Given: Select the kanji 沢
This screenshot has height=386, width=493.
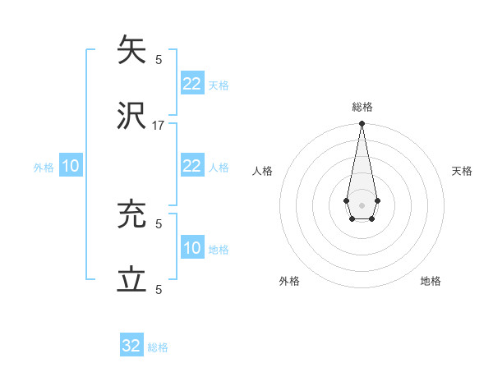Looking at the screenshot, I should [x=132, y=117].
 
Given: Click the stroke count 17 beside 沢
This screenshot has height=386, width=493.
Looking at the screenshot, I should [x=159, y=126].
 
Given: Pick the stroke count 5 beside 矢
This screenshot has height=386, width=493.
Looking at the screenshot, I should [x=159, y=60].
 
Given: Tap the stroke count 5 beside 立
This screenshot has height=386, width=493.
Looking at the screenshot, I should [x=159, y=290].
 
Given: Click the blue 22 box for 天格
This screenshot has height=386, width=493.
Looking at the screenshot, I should [x=191, y=84].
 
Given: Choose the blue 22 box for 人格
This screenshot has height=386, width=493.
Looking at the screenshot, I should [x=191, y=166].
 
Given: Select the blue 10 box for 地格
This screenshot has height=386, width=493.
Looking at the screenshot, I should [x=191, y=248].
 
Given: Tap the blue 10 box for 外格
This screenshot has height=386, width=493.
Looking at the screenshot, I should [x=71, y=166].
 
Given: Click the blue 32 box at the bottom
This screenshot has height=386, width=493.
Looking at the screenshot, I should [x=131, y=346].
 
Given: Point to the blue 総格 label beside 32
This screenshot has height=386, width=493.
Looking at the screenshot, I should [x=158, y=347].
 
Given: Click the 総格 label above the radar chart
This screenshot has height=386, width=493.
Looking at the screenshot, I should [x=362, y=107].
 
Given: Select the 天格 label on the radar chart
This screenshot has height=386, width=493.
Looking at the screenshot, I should [x=462, y=171].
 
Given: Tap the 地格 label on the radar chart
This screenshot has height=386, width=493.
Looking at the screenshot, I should [x=431, y=281].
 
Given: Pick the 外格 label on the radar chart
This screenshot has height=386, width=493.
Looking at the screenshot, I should [x=289, y=281].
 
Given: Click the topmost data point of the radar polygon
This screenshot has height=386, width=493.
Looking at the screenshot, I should [x=362, y=124].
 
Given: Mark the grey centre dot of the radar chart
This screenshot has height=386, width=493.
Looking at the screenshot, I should [x=362, y=204].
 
